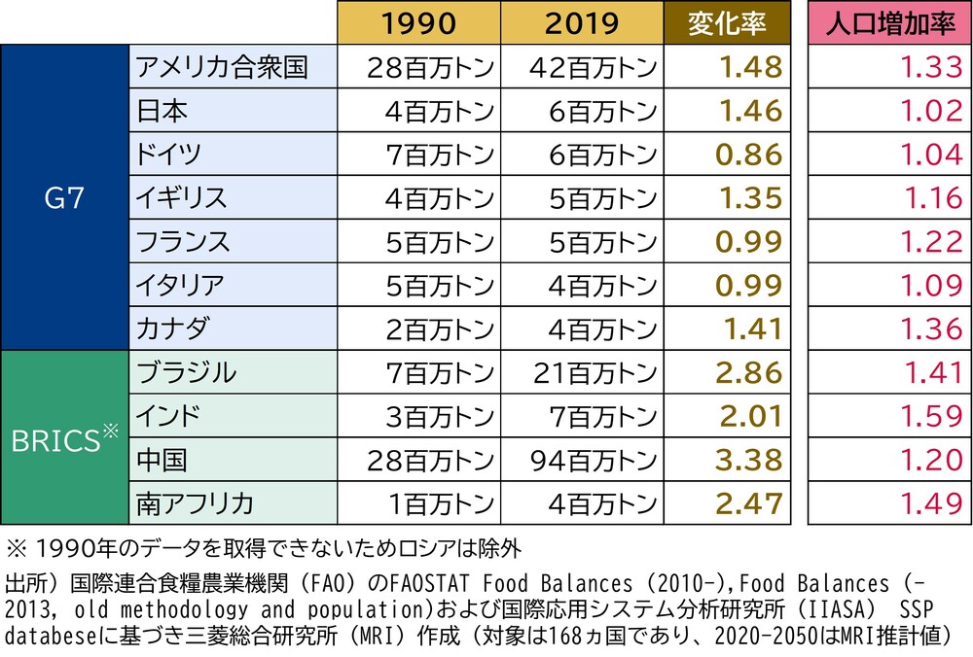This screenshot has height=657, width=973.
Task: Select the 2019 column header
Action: point(580,22)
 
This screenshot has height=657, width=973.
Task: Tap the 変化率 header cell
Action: point(726,22)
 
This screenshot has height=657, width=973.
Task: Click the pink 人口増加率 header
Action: point(889,22)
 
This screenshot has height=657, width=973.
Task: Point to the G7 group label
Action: point(64,197)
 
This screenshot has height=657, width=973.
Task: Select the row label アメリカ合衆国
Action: point(223,67)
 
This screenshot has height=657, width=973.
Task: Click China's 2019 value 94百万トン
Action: point(595,459)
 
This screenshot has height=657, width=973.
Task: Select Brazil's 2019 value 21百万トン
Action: point(595,372)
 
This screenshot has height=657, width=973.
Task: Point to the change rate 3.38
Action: point(750,459)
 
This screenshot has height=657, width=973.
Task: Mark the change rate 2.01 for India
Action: point(750,416)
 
